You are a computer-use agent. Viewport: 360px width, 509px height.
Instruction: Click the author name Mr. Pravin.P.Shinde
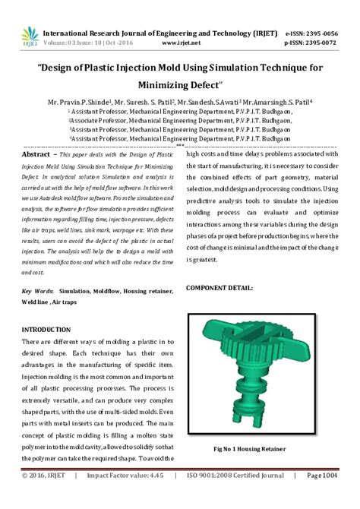pyautogui.click(x=79, y=100)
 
